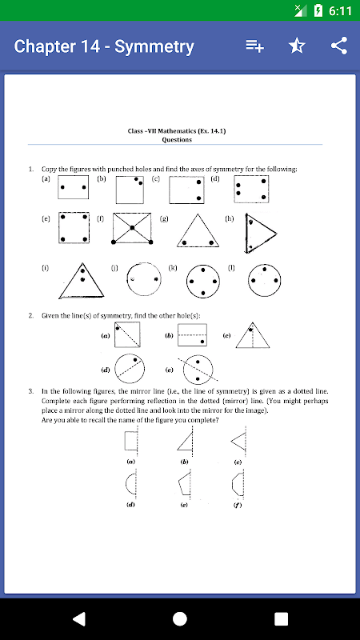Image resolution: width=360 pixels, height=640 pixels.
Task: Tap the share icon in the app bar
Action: click(339, 46)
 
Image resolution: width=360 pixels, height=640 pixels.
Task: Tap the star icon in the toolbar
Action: click(297, 46)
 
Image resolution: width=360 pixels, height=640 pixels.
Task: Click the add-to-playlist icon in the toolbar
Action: click(254, 46)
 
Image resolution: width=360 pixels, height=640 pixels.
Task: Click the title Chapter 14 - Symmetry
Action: click(104, 46)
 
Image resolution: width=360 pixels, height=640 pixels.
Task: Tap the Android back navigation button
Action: click(79, 618)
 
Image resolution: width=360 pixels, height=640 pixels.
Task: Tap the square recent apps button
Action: click(282, 618)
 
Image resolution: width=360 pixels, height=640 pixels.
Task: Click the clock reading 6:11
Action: click(340, 10)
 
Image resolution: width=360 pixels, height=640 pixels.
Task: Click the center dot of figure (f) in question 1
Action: click(132, 227)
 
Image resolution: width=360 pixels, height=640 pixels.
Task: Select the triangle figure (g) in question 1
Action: click(198, 230)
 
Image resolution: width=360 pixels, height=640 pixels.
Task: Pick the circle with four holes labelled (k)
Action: click(203, 282)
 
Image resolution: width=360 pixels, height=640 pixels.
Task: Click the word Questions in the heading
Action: click(177, 139)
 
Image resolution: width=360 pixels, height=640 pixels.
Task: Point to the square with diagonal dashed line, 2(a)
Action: click(127, 334)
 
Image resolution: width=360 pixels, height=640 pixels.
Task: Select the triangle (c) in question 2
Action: click(253, 335)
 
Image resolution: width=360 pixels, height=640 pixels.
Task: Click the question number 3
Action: click(31, 391)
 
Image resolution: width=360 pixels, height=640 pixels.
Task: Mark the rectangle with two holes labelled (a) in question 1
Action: click(73, 187)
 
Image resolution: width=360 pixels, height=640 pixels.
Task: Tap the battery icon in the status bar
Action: click(318, 10)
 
